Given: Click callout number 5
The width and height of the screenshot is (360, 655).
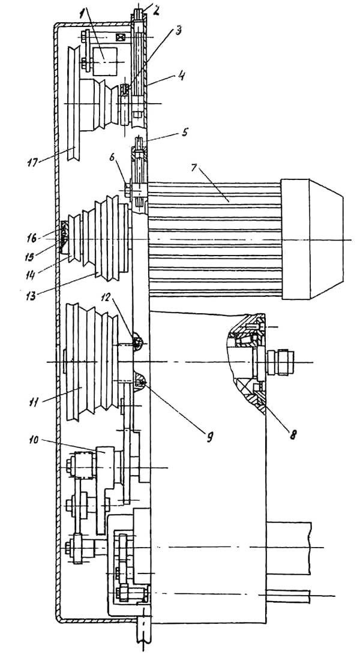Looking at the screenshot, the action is tap(185, 133).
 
